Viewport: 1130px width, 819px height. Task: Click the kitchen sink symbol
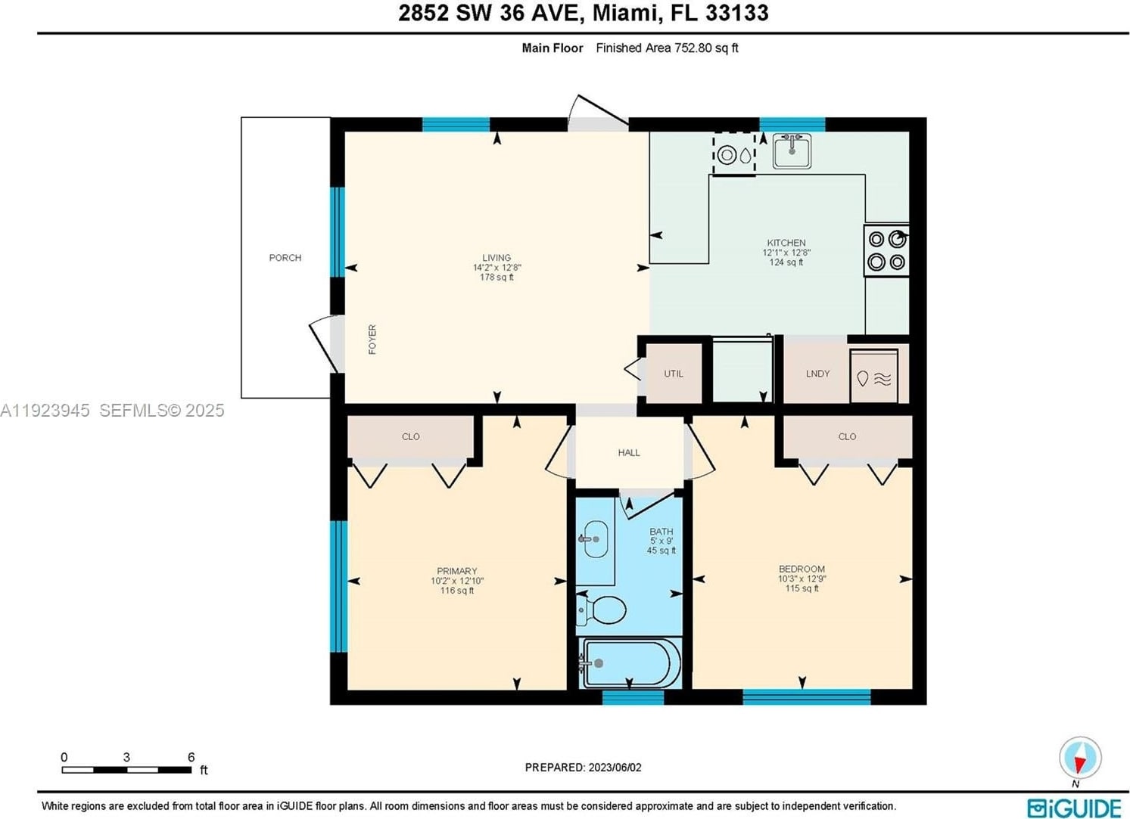(792, 150)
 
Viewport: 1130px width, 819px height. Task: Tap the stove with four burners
(886, 250)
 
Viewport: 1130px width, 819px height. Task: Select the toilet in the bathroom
(602, 610)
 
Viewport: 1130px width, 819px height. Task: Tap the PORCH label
(285, 258)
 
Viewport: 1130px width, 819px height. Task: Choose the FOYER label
(372, 340)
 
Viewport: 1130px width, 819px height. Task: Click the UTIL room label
(674, 374)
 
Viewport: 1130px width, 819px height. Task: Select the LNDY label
(817, 374)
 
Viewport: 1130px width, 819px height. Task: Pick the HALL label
(629, 452)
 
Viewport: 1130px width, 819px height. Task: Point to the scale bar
(126, 770)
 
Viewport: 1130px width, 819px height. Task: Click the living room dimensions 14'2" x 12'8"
(497, 268)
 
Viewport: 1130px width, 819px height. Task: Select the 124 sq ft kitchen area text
(786, 262)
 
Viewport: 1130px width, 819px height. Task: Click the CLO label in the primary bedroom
(411, 436)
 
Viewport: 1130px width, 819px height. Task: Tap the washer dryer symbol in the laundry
(874, 377)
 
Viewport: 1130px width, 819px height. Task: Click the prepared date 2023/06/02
(613, 767)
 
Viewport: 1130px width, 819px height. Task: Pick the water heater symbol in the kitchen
(734, 154)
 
